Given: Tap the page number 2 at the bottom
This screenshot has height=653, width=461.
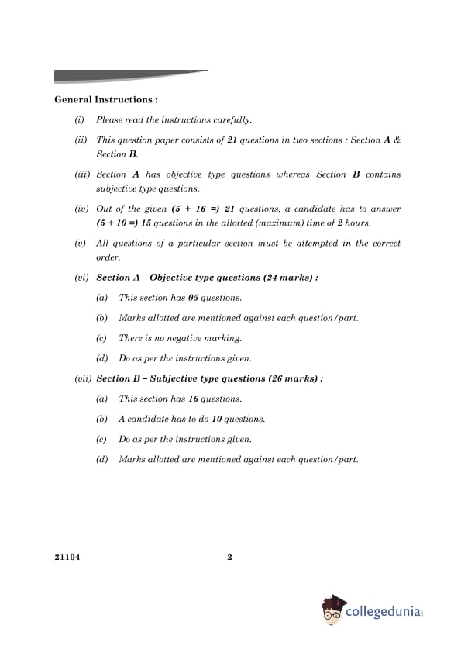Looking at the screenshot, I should pos(230,556).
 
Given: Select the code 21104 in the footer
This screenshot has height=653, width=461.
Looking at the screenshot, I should pos(67,556).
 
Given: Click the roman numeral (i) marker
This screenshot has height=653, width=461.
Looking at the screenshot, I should pos(79,119).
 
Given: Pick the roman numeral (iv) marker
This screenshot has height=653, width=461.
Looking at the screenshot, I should pos(81,209).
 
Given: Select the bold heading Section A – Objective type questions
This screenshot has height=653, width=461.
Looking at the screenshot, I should pos(207,278).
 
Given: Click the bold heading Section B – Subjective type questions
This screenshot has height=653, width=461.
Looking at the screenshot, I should pos(209,378).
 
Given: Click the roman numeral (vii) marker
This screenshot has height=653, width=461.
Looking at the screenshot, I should pos(83,378).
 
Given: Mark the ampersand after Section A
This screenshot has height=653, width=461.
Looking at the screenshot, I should pos(397,140).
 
